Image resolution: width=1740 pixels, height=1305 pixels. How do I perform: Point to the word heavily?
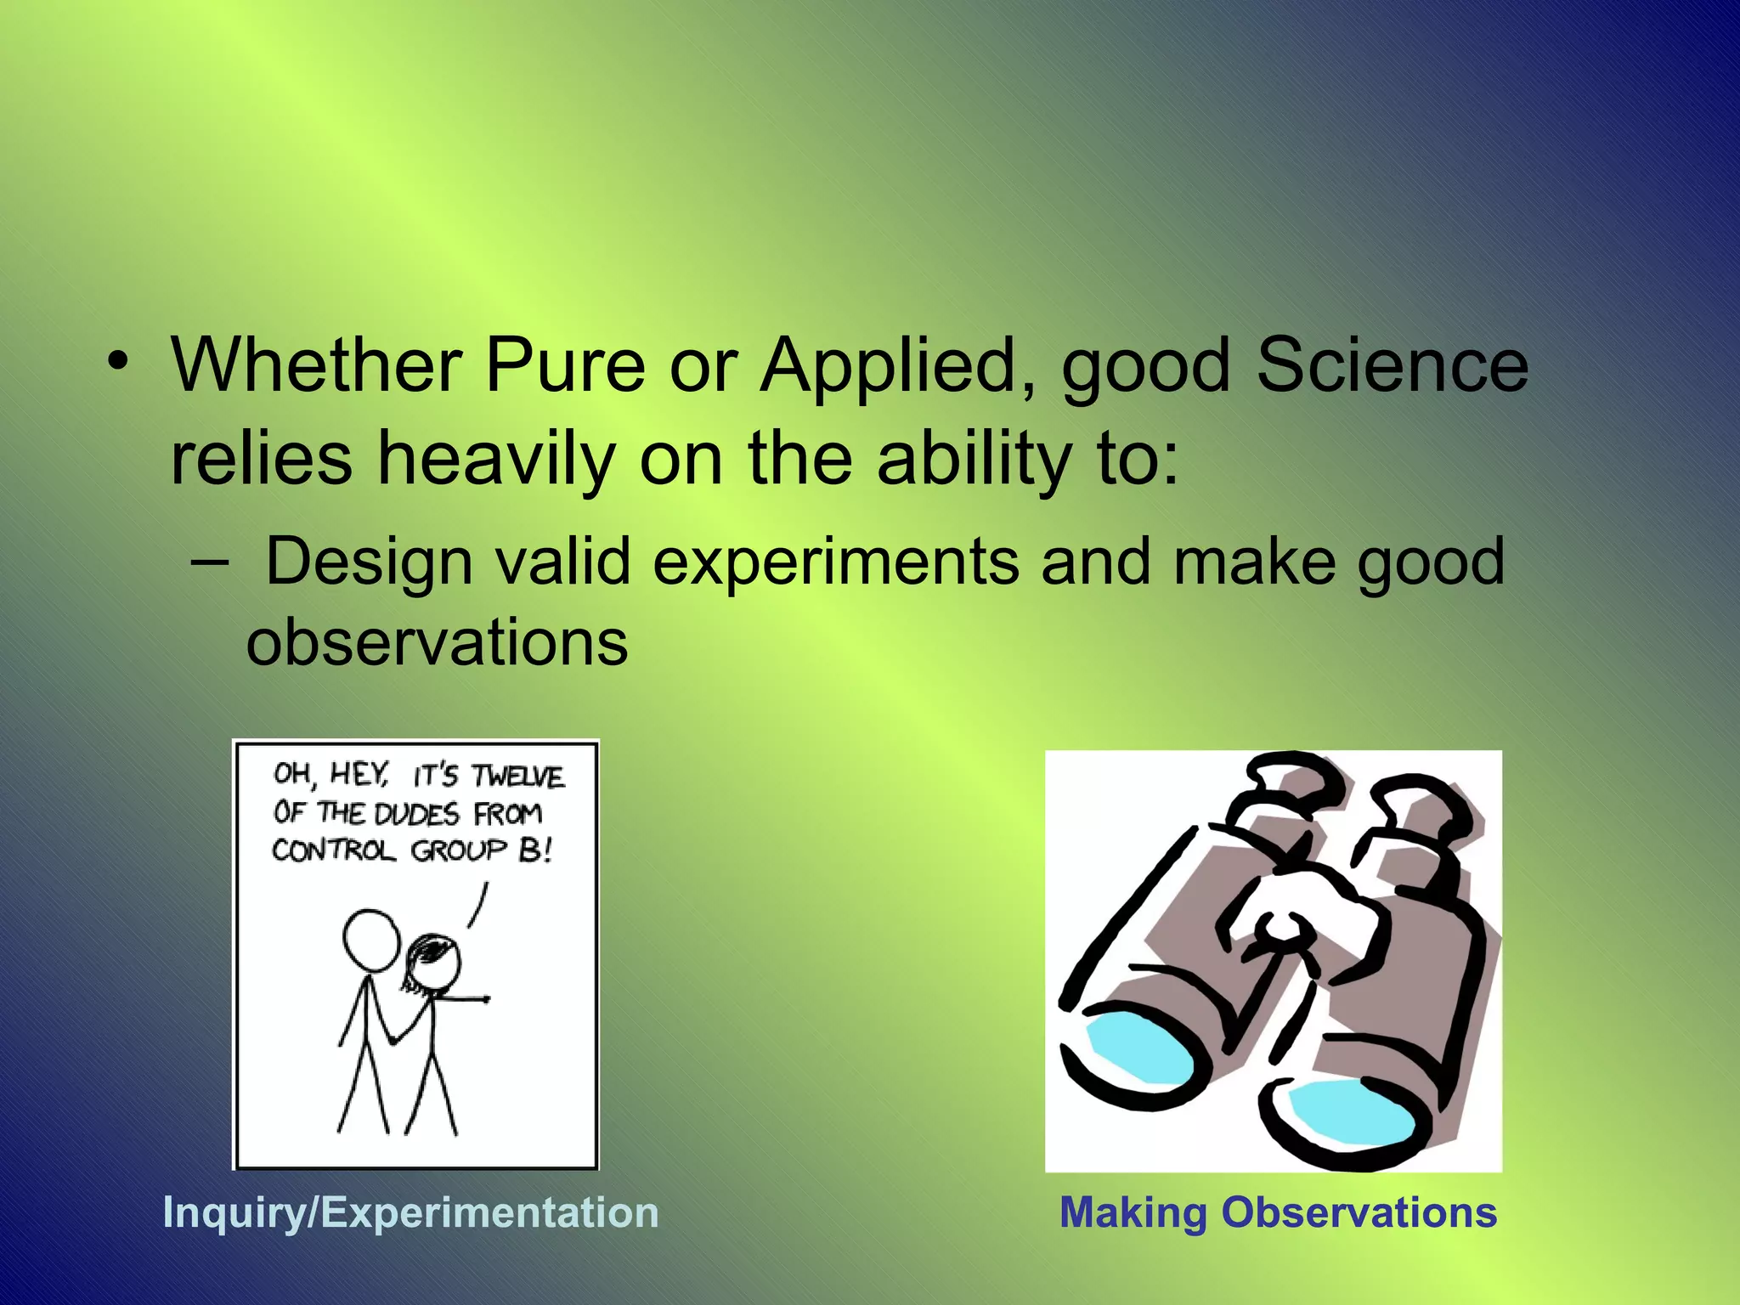click(x=495, y=459)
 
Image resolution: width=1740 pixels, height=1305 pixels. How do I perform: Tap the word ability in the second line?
click(x=974, y=459)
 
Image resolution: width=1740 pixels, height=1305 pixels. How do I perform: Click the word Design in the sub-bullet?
click(x=369, y=562)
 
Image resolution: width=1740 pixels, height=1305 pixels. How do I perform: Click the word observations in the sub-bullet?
click(x=437, y=642)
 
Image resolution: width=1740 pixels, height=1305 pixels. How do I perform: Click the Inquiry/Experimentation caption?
click(x=410, y=1212)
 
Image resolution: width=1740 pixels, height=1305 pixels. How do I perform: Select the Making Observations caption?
click(x=1278, y=1212)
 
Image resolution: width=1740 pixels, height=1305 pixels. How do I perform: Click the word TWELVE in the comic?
click(x=517, y=777)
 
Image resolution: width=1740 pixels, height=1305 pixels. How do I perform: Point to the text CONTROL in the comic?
click(x=333, y=850)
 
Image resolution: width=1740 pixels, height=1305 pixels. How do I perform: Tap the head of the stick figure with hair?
click(x=434, y=963)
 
